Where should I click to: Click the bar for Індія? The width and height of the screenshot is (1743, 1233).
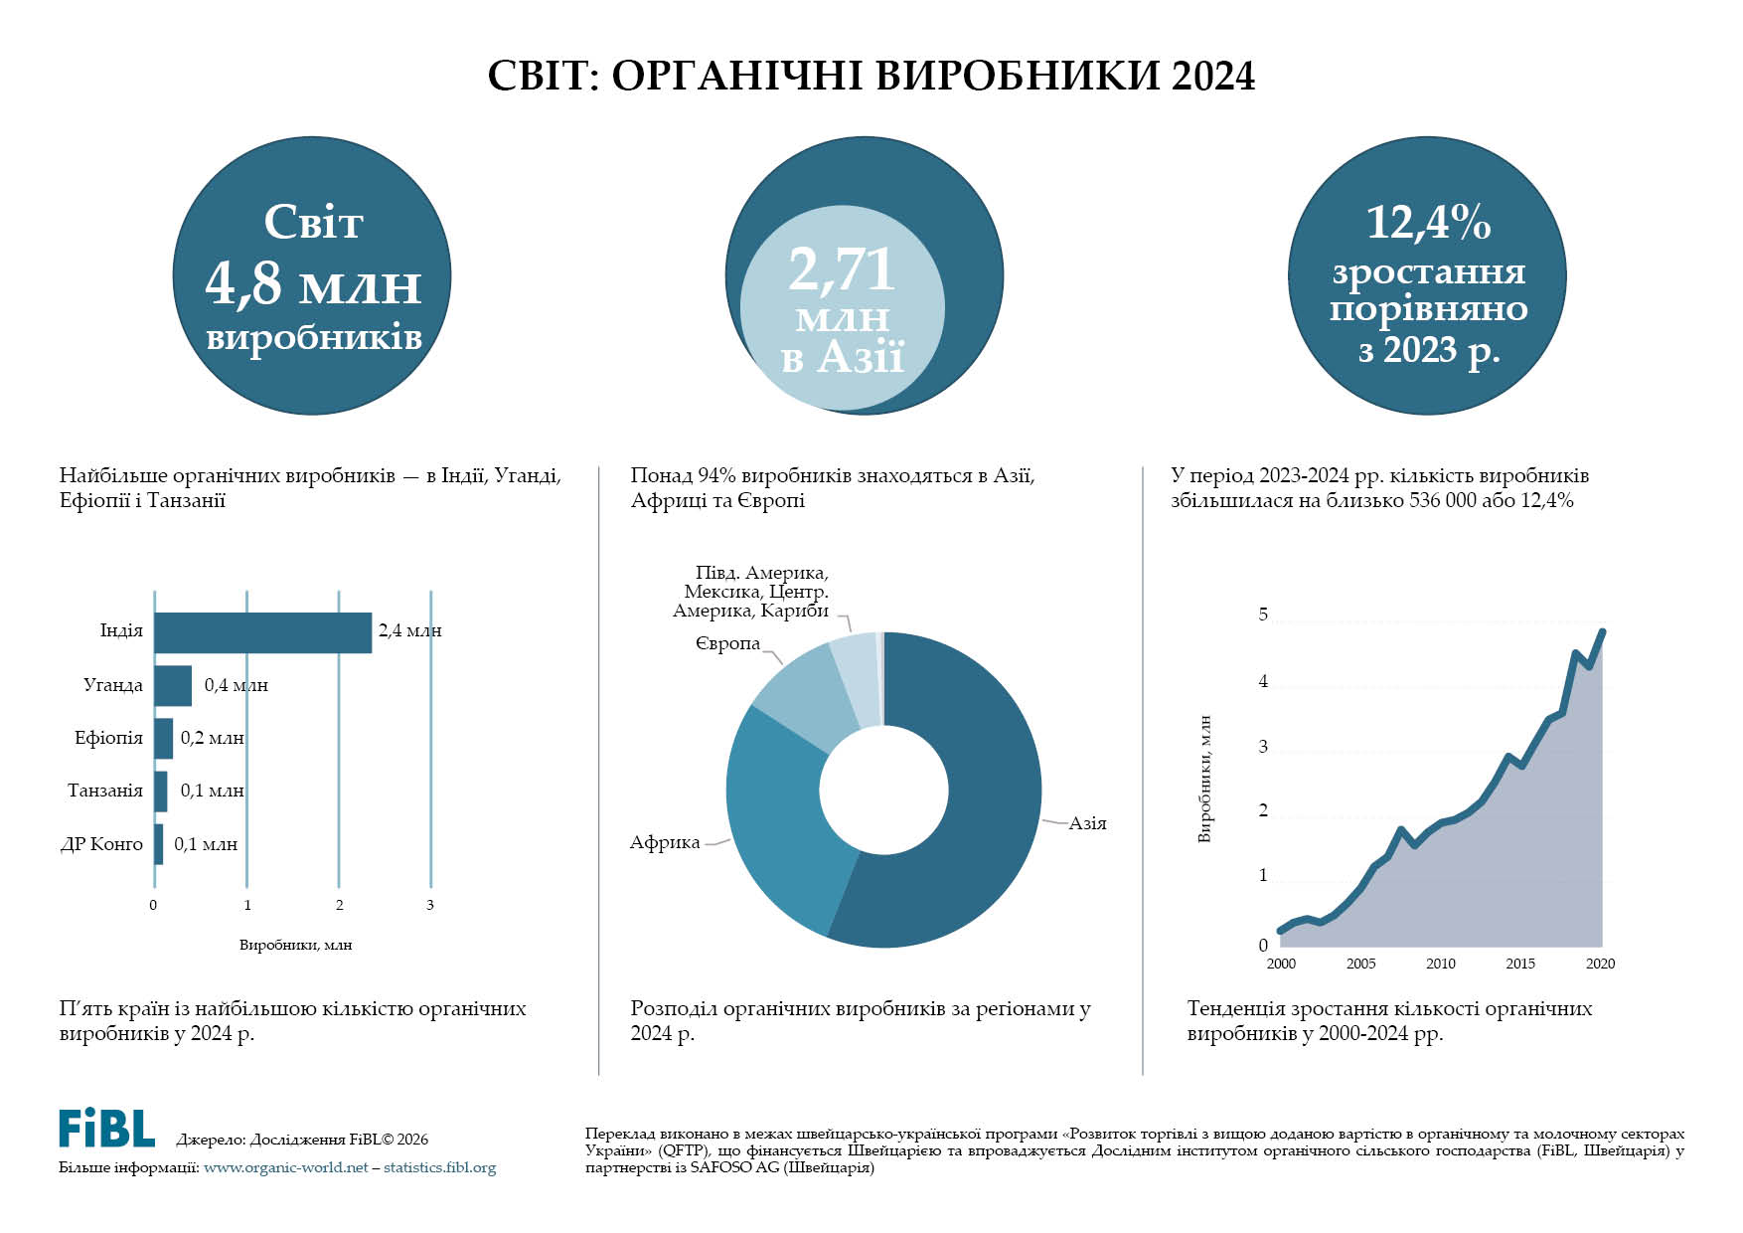click(262, 632)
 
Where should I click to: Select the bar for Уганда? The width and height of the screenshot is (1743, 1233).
click(173, 685)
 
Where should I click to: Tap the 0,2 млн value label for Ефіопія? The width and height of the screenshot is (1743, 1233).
click(212, 739)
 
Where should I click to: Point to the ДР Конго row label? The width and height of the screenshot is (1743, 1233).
click(102, 844)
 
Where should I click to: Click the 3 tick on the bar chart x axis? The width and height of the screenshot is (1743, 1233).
click(430, 905)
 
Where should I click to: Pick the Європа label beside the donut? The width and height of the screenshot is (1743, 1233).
click(727, 644)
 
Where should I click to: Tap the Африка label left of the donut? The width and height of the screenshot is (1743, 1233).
click(665, 843)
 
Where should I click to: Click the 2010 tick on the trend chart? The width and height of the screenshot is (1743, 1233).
click(1440, 964)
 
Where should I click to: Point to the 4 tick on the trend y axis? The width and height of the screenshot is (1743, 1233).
click(1263, 682)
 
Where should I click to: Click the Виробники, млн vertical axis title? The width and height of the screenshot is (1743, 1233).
click(1205, 780)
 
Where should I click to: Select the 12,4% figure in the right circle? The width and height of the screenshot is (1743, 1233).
click(1428, 223)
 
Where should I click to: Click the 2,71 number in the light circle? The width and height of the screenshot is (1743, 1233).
click(842, 269)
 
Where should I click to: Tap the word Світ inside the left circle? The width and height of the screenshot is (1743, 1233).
click(313, 223)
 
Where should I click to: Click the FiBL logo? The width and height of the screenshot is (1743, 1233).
click(106, 1128)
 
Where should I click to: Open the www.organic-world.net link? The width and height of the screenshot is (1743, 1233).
click(285, 1168)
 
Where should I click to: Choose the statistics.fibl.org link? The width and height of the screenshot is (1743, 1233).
click(439, 1168)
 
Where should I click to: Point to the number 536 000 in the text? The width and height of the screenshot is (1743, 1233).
click(1441, 501)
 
